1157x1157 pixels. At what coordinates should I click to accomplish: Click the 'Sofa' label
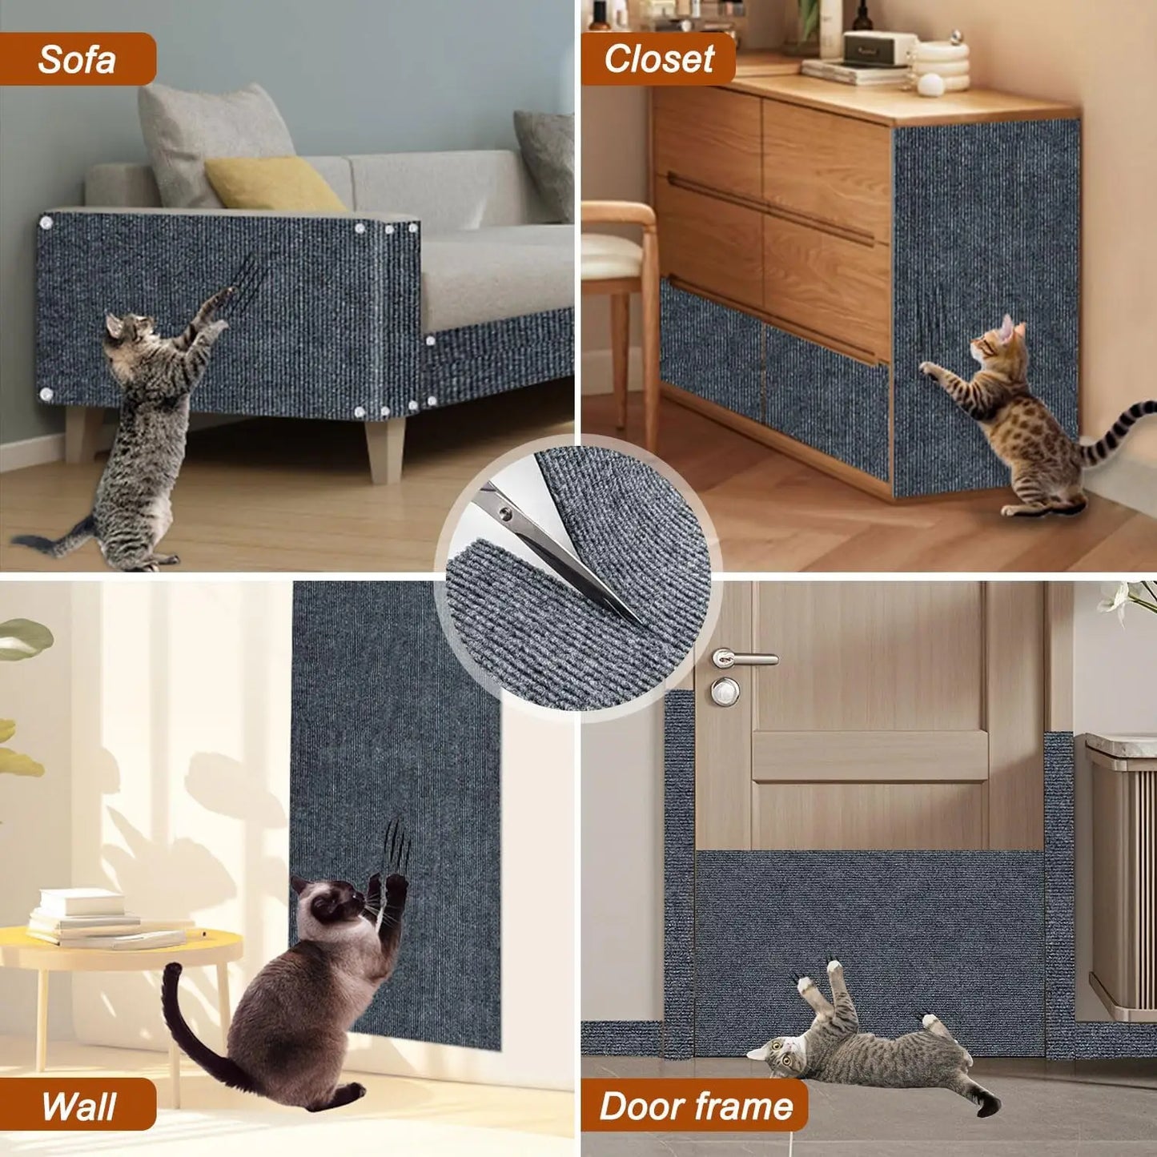[77, 59]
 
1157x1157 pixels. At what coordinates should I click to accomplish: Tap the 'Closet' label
[658, 58]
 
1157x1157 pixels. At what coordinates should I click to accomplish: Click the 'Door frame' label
[695, 1106]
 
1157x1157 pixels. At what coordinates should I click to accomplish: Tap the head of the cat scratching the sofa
[128, 328]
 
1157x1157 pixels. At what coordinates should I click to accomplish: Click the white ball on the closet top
[930, 84]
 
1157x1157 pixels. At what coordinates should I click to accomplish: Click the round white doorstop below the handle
[725, 691]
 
